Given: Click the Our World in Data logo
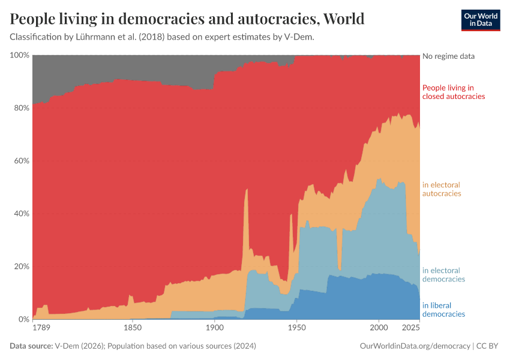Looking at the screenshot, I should [x=480, y=20].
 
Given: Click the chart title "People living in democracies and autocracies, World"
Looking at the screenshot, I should [x=187, y=19].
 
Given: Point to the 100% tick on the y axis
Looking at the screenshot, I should [x=20, y=55].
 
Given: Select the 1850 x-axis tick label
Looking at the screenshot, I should [x=132, y=328].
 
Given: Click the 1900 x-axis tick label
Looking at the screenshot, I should [x=214, y=328].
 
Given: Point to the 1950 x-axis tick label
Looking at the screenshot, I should [x=296, y=328].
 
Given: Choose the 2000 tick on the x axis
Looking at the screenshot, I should [x=378, y=328].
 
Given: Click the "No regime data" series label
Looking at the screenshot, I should [x=448, y=56].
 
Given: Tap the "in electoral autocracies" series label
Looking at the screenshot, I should [x=442, y=189].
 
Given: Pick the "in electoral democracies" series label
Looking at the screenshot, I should [x=443, y=275].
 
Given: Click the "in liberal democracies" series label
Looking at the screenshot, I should [x=443, y=310].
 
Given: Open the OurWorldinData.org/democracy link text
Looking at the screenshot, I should [x=415, y=346].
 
